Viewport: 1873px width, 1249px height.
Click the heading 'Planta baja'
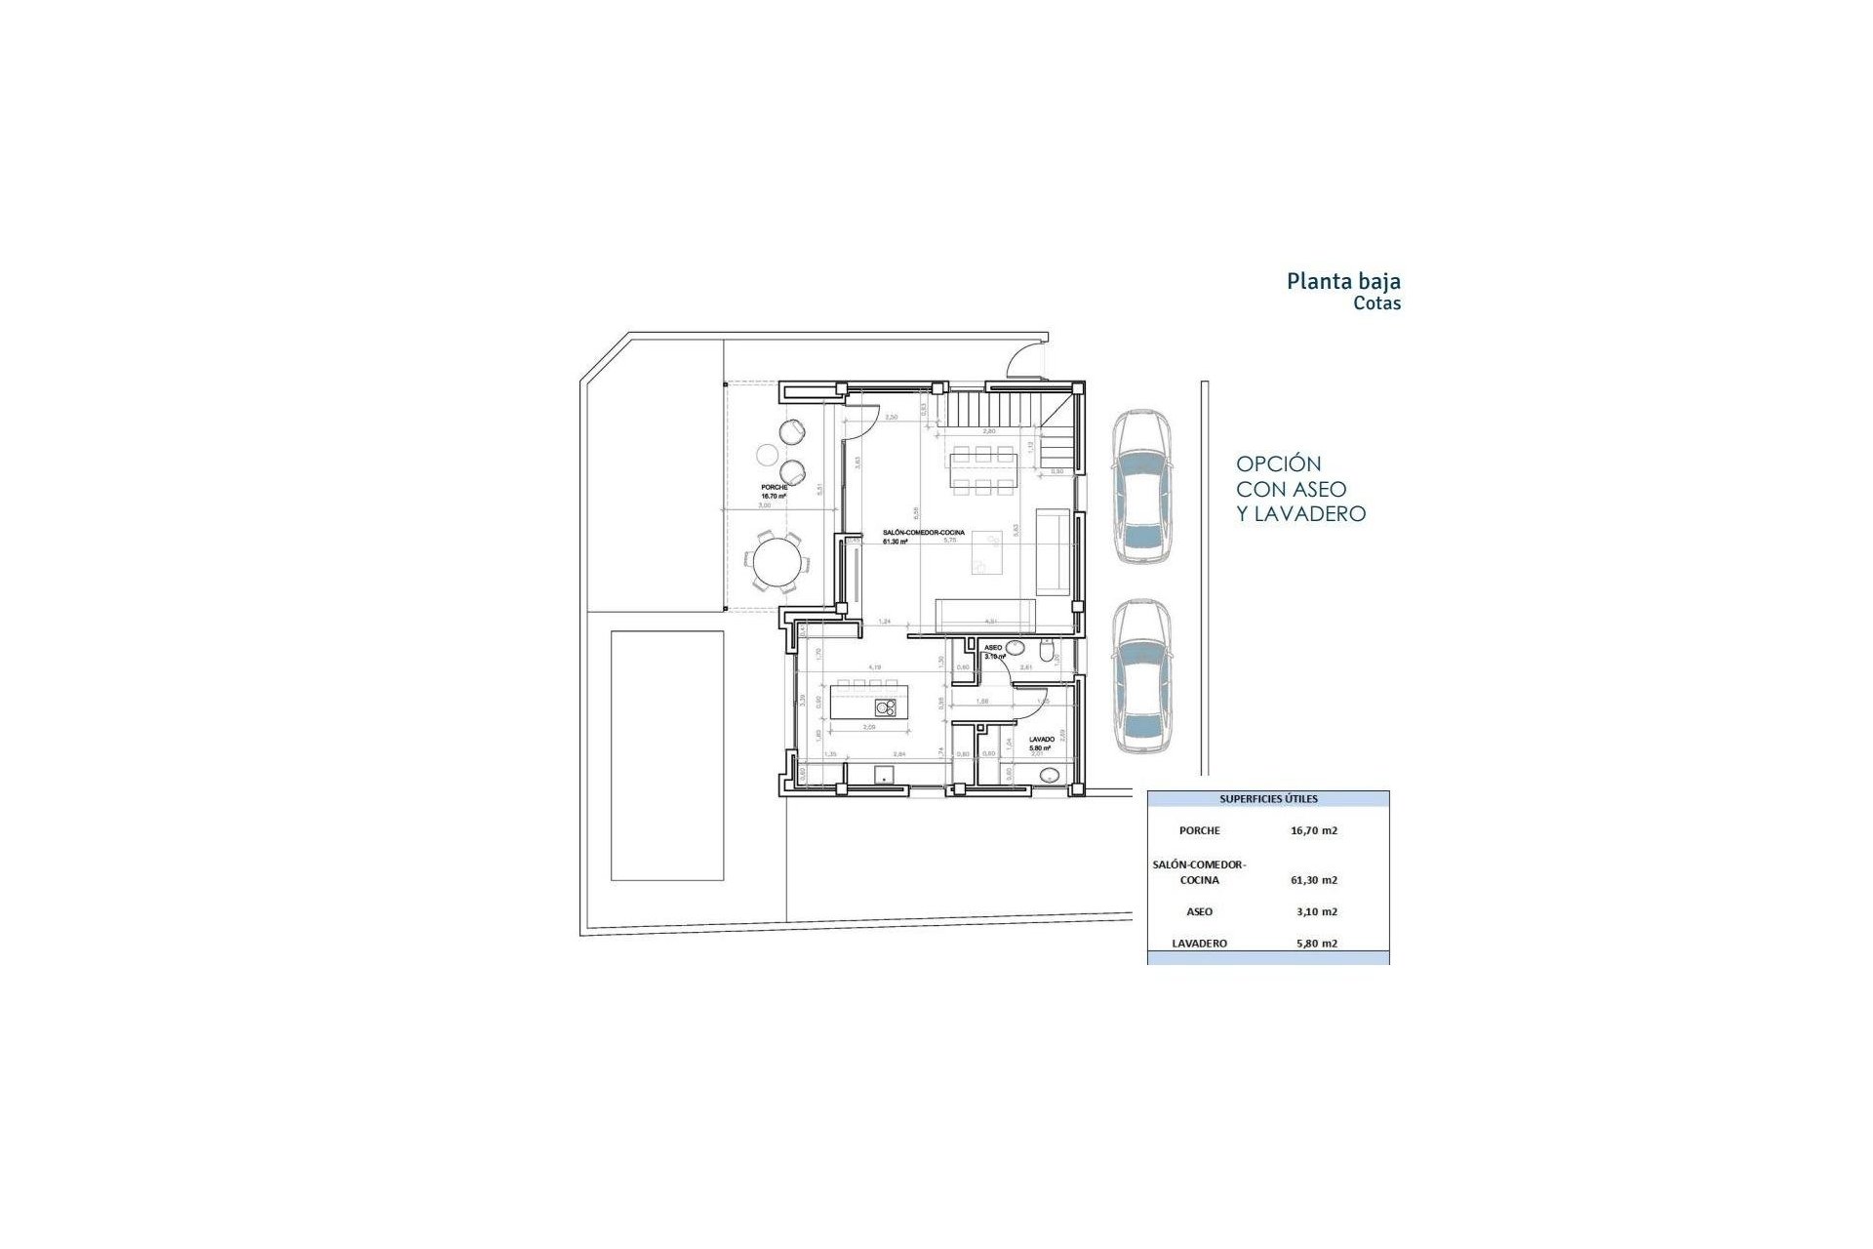[x=1343, y=282]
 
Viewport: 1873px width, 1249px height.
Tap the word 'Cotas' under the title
[x=1376, y=303]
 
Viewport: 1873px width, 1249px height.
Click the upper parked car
[x=1141, y=486]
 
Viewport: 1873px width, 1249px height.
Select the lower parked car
[x=1141, y=677]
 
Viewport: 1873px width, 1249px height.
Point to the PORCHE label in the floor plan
[x=775, y=487]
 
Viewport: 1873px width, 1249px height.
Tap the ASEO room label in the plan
[x=993, y=648]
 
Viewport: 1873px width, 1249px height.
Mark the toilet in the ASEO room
[x=1047, y=652]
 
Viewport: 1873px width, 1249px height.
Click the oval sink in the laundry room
[x=1050, y=777]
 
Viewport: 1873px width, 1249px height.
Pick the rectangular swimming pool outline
[x=667, y=755]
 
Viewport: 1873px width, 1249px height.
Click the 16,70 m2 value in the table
[x=1313, y=831]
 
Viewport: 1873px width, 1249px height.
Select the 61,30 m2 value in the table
[x=1313, y=880]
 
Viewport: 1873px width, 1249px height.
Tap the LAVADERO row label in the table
[x=1200, y=944]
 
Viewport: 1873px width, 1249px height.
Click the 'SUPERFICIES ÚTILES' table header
[x=1268, y=799]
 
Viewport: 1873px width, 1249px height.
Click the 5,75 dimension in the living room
[x=949, y=540]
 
